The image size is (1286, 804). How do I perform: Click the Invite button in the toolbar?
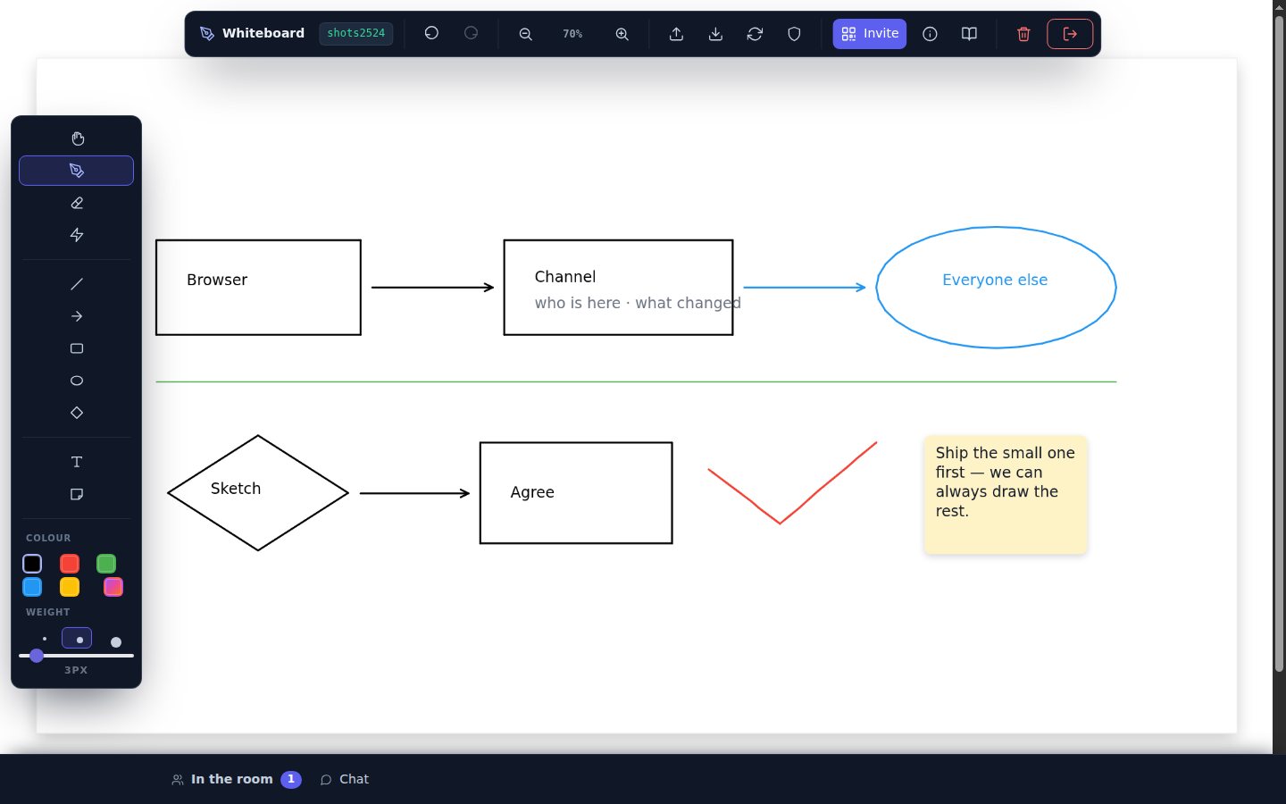pyautogui.click(x=869, y=34)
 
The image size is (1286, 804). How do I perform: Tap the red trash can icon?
pyautogui.click(x=1023, y=34)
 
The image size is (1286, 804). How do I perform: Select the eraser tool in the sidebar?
pyautogui.click(x=77, y=203)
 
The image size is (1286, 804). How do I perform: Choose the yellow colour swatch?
pyautogui.click(x=70, y=587)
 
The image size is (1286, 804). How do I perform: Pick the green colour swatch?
pyautogui.click(x=106, y=564)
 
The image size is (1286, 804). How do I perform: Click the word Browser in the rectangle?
pyautogui.click(x=217, y=280)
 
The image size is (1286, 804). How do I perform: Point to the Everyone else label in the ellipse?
pyautogui.click(x=995, y=280)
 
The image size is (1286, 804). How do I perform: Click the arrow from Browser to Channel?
pyautogui.click(x=432, y=287)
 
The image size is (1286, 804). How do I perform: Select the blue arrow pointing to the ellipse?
pyautogui.click(x=805, y=287)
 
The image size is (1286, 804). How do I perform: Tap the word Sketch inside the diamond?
pyautogui.click(x=236, y=488)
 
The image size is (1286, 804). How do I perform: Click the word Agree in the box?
pyautogui.click(x=532, y=492)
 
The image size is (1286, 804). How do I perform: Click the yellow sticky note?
pyautogui.click(x=1006, y=495)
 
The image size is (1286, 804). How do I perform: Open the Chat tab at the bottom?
pyautogui.click(x=345, y=779)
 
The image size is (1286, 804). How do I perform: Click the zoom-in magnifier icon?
pyautogui.click(x=622, y=34)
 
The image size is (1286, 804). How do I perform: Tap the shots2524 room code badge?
pyautogui.click(x=356, y=33)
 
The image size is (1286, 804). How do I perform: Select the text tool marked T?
pyautogui.click(x=77, y=462)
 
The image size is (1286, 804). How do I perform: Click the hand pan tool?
pyautogui.click(x=78, y=138)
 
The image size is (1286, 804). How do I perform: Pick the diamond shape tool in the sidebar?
pyautogui.click(x=77, y=413)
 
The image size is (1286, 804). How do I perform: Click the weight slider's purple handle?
pyautogui.click(x=37, y=656)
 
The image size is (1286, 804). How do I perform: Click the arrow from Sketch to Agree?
pyautogui.click(x=414, y=493)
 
